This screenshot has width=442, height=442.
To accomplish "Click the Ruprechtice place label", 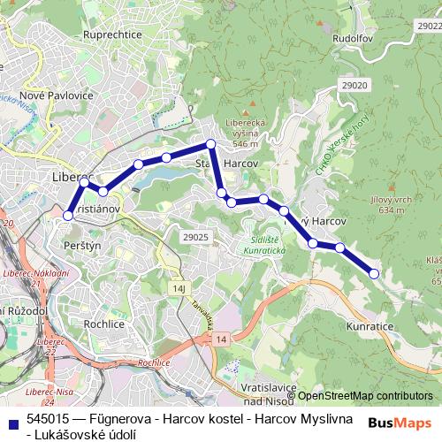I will pyautogui.click(x=112, y=34).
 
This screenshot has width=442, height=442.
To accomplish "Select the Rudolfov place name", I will pyautogui.click(x=346, y=39).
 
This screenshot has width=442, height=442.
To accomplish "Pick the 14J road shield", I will pyautogui.click(x=180, y=288).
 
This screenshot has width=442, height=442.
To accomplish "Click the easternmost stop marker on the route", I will pyautogui.click(x=374, y=274).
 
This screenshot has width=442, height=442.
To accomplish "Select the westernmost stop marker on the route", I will pyautogui.click(x=68, y=214).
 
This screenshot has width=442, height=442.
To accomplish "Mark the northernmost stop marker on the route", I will pyautogui.click(x=211, y=144).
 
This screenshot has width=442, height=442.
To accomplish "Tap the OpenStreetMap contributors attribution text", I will pyautogui.click(x=365, y=395).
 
